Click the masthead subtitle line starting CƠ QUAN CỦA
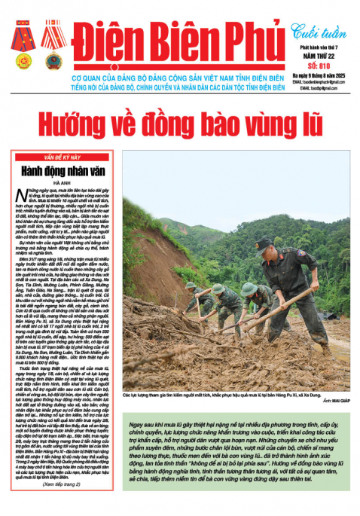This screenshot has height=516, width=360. (180, 78)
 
